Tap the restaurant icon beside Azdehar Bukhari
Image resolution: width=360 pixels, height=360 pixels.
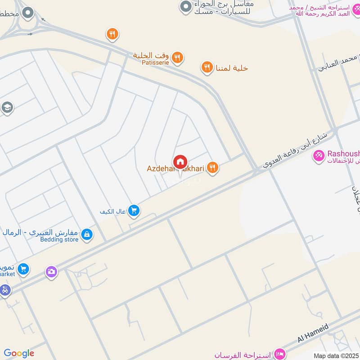click(213, 168)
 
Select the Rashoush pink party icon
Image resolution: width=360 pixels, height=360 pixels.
click(319, 156)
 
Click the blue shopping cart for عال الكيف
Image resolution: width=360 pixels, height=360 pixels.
click(133, 210)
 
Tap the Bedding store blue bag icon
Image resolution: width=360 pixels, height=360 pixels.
click(87, 234)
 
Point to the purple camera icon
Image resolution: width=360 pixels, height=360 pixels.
click(51, 271)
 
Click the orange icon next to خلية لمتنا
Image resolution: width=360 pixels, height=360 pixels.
click(207, 67)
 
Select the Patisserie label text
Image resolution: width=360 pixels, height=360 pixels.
click(155, 63)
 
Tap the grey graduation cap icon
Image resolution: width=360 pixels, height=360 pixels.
click(6, 107)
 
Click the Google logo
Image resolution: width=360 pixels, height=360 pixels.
click(19, 353)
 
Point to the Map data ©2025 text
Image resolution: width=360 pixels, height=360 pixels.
click(336, 355)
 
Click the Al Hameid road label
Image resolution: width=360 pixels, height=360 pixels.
click(313, 334)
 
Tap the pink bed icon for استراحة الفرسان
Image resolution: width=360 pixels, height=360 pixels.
click(279, 353)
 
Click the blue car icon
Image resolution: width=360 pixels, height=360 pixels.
click(4, 290)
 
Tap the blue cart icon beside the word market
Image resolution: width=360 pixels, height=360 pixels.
click(24, 269)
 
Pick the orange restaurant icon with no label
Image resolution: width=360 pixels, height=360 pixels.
click(112, 34)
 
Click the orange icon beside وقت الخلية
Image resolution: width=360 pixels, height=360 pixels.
click(178, 57)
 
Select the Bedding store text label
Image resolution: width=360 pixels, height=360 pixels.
click(58, 240)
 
